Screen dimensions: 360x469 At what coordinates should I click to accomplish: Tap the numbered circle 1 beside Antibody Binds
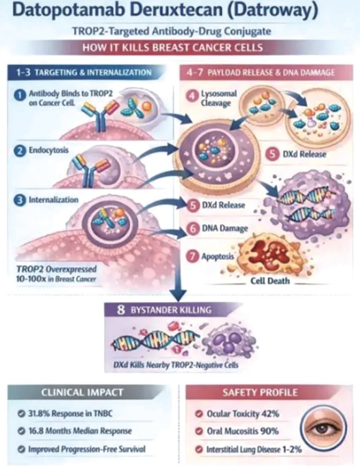(19, 95)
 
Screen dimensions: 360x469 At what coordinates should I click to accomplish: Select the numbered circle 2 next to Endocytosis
(19, 151)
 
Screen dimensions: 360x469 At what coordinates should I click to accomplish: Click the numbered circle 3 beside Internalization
(19, 201)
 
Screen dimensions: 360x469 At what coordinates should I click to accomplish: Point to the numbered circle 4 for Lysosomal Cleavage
(192, 95)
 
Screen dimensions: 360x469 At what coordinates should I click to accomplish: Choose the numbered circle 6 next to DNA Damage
(193, 229)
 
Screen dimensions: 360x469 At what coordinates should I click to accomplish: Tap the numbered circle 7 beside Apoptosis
(193, 256)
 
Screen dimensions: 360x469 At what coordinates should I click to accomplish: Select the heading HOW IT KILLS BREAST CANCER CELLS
(173, 48)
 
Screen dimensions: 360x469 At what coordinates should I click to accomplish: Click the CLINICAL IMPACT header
(82, 392)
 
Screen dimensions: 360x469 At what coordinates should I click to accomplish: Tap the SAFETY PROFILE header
(260, 392)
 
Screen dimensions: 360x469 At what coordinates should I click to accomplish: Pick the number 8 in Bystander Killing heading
(121, 310)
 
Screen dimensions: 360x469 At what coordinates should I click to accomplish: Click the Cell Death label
(270, 281)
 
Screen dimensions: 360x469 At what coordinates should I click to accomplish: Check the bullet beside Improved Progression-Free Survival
(21, 449)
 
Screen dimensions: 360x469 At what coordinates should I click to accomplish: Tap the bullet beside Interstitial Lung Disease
(198, 449)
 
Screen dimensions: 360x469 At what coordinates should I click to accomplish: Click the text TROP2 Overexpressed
(56, 269)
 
